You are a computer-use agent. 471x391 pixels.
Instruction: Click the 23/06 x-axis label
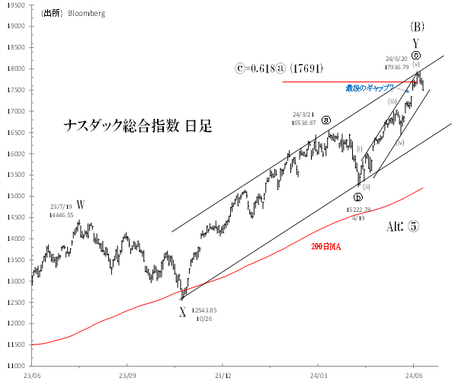(32, 375)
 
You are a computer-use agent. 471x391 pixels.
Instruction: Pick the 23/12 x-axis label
(223, 375)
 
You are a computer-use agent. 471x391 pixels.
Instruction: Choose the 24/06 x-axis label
(412, 375)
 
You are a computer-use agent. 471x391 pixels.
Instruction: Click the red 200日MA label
(326, 248)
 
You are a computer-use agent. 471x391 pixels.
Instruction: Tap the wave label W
(80, 204)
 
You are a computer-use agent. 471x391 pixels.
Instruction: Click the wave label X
(182, 312)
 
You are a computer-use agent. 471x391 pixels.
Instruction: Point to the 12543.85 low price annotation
(203, 310)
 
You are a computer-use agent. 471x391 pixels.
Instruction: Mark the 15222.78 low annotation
(358, 210)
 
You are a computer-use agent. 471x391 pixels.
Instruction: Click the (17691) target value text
(311, 69)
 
